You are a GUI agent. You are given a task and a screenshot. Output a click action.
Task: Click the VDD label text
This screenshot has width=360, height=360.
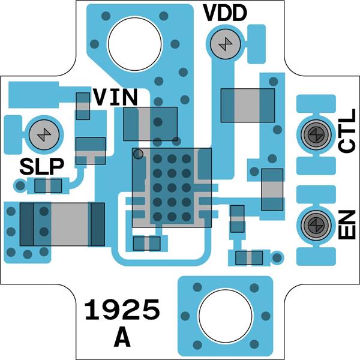(x=224, y=13)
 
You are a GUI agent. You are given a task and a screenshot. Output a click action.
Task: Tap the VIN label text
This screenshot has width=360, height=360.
(x=116, y=97)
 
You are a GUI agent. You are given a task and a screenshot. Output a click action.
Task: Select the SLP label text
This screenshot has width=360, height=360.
(x=41, y=166)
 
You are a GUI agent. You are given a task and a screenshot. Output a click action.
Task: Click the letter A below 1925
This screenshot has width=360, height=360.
(x=122, y=338)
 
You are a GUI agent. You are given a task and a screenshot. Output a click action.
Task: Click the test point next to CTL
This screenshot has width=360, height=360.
(x=314, y=134)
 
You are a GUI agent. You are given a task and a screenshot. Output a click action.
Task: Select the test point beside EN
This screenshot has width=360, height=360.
(x=314, y=224)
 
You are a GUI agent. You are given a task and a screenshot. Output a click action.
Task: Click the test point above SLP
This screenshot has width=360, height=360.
(x=43, y=133)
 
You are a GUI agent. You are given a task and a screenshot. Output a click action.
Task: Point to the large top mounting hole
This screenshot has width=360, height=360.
(x=135, y=41)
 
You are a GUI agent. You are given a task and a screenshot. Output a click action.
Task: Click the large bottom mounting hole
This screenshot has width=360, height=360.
(x=224, y=316)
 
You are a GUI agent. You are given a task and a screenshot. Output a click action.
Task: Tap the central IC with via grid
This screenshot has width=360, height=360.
(x=172, y=188)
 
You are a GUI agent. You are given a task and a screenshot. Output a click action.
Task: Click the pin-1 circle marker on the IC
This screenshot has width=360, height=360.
(x=138, y=154)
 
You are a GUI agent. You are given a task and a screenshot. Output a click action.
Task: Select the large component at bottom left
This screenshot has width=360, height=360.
(x=62, y=224)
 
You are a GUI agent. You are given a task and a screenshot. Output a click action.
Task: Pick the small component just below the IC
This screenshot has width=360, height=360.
(x=146, y=243)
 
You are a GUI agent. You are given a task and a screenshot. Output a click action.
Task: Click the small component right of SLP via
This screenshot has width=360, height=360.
(x=49, y=186)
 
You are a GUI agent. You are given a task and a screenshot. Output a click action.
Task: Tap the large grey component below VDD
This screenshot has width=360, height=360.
(x=248, y=104)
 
